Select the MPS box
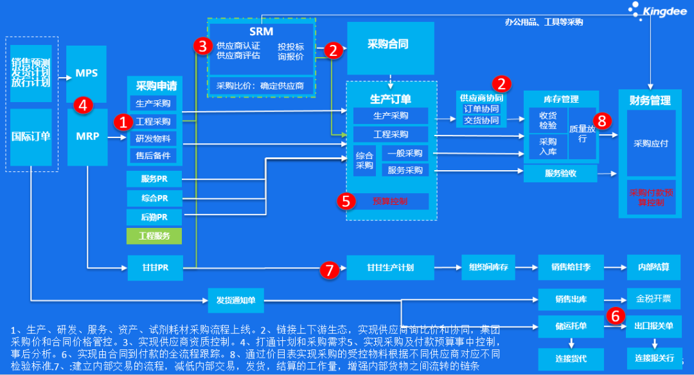pyautogui.click(x=86, y=73)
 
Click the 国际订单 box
pyautogui.click(x=31, y=136)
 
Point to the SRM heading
pyautogui.click(x=261, y=31)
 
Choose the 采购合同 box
pyautogui.click(x=388, y=45)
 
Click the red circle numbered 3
pyautogui.click(x=202, y=46)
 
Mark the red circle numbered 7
pyautogui.click(x=329, y=270)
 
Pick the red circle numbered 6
pyautogui.click(x=615, y=315)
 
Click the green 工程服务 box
pyautogui.click(x=154, y=236)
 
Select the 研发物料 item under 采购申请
pyautogui.click(x=153, y=138)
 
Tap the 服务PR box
pyautogui.click(x=154, y=179)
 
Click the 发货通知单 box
pyautogui.click(x=236, y=299)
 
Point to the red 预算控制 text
pyautogui.click(x=390, y=201)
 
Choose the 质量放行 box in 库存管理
pyautogui.click(x=582, y=133)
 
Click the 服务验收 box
pyautogui.click(x=560, y=173)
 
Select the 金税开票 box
pyautogui.click(x=653, y=299)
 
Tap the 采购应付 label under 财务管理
pyautogui.click(x=650, y=143)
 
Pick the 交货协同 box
pyautogui.click(x=481, y=120)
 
